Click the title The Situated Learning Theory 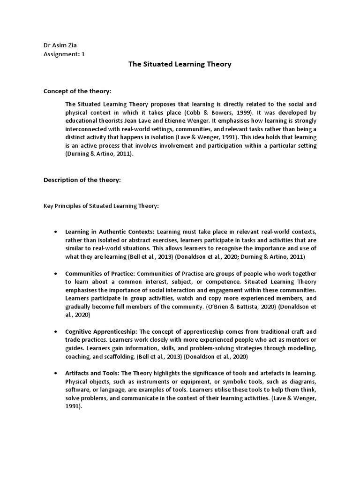click(x=180, y=64)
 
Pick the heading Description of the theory click(x=82, y=180)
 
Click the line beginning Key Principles click(x=101, y=206)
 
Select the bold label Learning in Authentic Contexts click(x=110, y=232)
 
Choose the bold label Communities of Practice click(x=100, y=273)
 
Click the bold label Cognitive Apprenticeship click(x=101, y=331)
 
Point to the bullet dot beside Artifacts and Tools click(x=56, y=373)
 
